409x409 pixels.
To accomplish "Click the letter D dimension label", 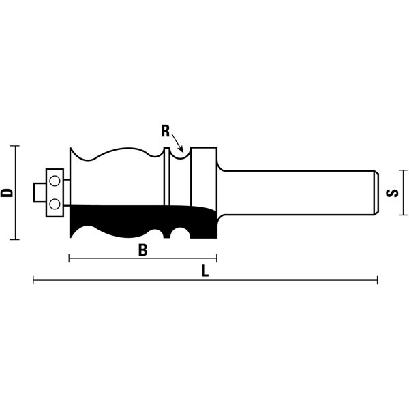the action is pyautogui.click(x=7, y=192).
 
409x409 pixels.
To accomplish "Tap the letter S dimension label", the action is pyautogui.click(x=392, y=193).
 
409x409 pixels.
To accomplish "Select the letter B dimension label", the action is pyautogui.click(x=142, y=250).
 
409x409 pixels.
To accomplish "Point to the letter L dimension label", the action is pyautogui.click(x=206, y=271).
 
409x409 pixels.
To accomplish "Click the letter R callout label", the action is pyautogui.click(x=166, y=131).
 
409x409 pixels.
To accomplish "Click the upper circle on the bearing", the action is pyautogui.click(x=55, y=181).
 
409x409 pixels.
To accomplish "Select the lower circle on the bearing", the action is pyautogui.click(x=55, y=204).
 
